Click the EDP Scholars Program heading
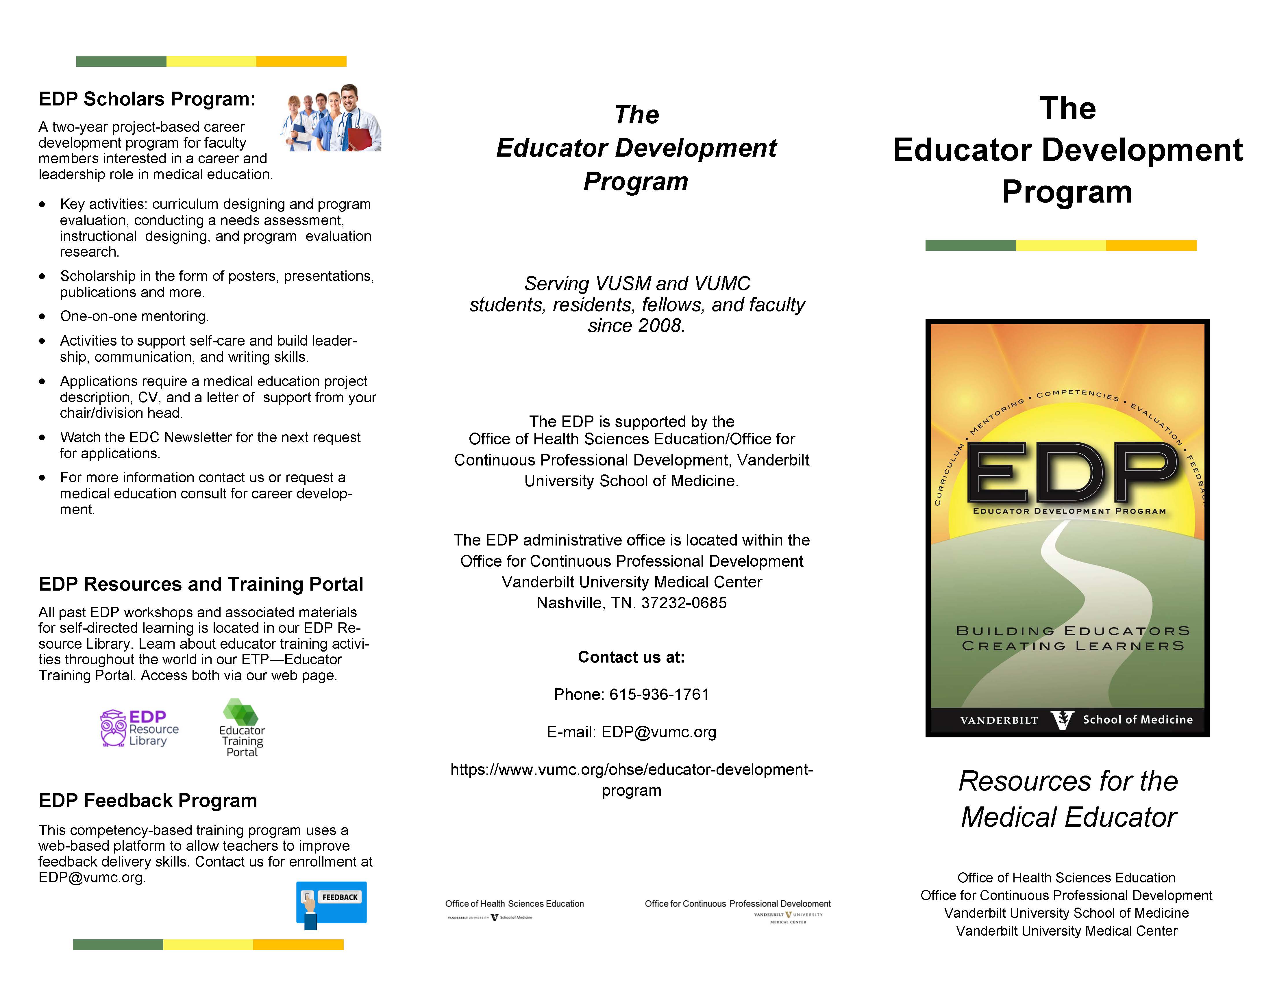click(147, 99)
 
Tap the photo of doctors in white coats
click(331, 118)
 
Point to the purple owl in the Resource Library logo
click(113, 728)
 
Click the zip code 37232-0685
click(684, 603)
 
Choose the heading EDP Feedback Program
click(148, 801)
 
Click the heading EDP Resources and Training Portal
click(201, 584)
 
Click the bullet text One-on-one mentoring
click(134, 316)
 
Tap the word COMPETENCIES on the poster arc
click(1078, 394)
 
